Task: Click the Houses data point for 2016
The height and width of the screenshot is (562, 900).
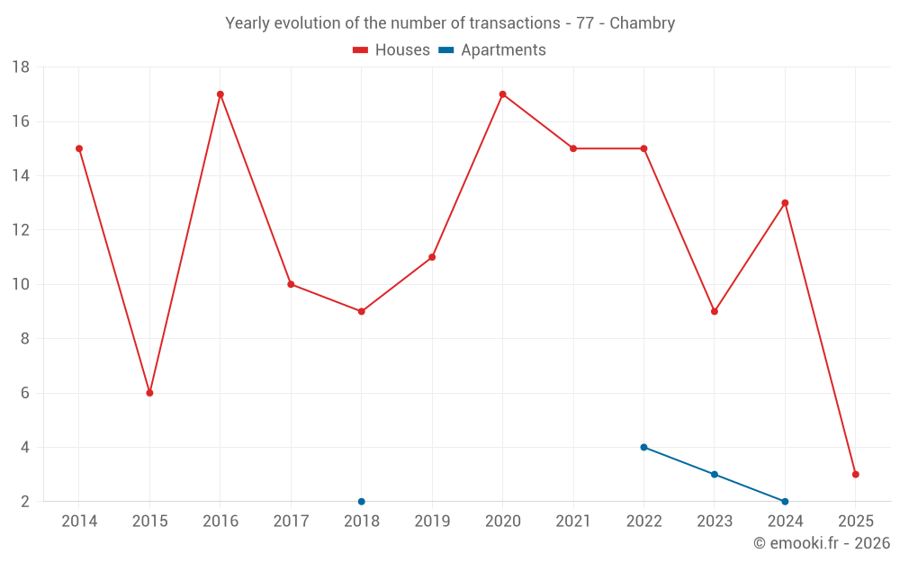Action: (220, 94)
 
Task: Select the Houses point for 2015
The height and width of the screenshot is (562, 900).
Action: (149, 393)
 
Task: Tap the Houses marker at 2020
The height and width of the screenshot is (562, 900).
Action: (502, 94)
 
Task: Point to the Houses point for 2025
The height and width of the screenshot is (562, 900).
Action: (855, 474)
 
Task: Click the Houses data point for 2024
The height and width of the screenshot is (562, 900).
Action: (785, 203)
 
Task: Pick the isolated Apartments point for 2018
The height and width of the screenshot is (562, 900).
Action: (362, 501)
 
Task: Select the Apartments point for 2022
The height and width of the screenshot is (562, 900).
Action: (643, 447)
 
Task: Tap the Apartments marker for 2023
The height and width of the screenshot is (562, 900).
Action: (715, 474)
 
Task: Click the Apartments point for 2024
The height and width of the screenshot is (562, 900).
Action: (785, 501)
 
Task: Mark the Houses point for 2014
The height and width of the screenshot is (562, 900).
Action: (79, 148)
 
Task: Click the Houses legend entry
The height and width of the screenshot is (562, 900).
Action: (391, 50)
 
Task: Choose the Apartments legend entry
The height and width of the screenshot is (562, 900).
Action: (492, 50)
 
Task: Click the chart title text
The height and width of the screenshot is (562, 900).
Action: (450, 23)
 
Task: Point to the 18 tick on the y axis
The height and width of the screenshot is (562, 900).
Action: (21, 67)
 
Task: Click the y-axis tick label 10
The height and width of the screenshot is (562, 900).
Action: (21, 284)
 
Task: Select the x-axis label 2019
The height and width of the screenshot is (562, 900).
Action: (432, 522)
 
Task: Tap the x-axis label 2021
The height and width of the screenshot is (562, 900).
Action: (573, 522)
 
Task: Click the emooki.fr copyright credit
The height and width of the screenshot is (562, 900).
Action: (821, 543)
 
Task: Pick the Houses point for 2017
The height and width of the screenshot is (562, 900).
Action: (291, 284)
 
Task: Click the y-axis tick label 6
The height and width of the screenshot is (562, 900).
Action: (25, 393)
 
